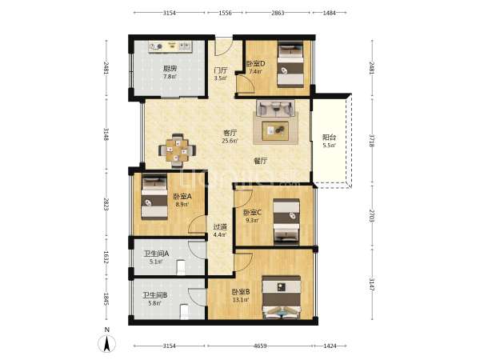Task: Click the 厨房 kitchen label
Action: tap(170, 69)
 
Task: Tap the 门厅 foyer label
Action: tap(221, 70)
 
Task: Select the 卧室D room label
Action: tap(256, 64)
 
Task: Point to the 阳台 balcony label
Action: tap(329, 138)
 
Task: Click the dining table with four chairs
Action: tap(178, 150)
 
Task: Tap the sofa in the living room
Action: tap(275, 108)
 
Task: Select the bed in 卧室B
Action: tap(282, 298)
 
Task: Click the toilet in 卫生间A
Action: tap(182, 267)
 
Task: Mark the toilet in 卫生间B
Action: tap(185, 312)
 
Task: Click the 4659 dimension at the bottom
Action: tap(260, 346)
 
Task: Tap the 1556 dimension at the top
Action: tap(226, 13)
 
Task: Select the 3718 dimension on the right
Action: tap(372, 141)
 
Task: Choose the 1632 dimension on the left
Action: tap(106, 258)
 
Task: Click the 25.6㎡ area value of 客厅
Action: tap(230, 141)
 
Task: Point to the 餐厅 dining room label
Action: tap(261, 161)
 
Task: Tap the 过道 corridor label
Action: tap(220, 227)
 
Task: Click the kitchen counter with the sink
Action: tap(170, 46)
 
